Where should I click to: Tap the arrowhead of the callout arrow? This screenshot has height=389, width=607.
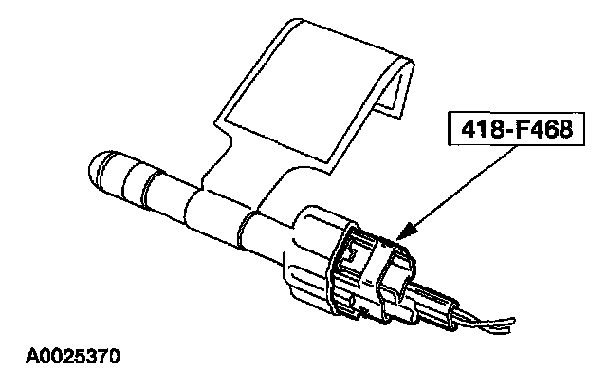[406, 232]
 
